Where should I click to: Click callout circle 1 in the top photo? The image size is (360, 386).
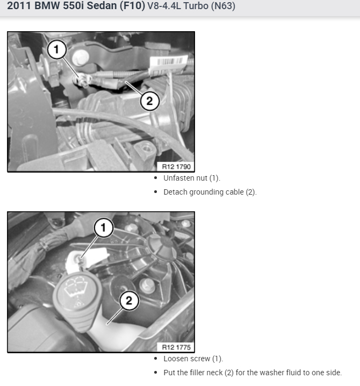click(57, 49)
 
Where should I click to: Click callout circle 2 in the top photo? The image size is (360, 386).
click(150, 101)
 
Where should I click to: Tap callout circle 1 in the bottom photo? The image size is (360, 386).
click(104, 228)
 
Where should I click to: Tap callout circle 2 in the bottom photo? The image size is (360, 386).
click(129, 301)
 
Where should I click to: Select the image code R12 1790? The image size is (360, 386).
click(176, 167)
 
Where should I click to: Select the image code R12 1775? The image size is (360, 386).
click(176, 347)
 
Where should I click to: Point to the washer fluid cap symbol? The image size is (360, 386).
click(76, 289)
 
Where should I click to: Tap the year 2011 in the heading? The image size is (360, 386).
click(19, 6)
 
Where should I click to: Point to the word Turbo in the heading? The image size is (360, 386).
click(196, 6)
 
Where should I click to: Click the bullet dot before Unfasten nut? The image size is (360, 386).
click(155, 178)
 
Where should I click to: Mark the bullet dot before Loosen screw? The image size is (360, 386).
click(155, 359)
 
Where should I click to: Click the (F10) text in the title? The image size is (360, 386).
click(132, 6)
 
